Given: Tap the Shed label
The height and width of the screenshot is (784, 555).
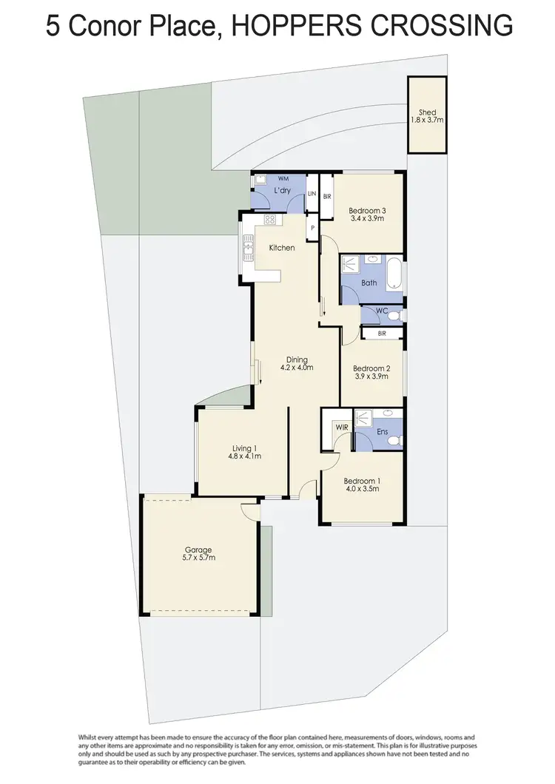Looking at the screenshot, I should click(x=428, y=112).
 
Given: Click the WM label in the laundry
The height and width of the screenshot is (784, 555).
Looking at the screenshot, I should click(x=283, y=179).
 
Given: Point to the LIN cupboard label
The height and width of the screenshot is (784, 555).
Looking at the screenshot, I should click(x=312, y=194).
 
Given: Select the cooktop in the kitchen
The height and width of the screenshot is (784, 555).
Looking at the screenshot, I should click(x=269, y=220).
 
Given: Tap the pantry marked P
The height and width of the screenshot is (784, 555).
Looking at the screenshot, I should click(x=313, y=228).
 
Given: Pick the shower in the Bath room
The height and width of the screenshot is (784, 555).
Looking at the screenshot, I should click(x=349, y=263).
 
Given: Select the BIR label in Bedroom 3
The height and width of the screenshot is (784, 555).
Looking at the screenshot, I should click(x=327, y=197).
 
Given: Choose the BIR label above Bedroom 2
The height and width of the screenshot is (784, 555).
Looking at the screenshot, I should click(x=382, y=334).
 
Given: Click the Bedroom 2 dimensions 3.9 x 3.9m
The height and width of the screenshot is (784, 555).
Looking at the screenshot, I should click(x=371, y=377).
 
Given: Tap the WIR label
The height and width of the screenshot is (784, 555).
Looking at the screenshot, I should click(x=341, y=428).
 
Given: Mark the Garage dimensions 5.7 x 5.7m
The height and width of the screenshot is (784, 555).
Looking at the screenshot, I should click(x=198, y=558).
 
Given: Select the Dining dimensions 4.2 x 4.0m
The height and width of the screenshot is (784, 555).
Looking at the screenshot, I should click(x=297, y=368).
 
